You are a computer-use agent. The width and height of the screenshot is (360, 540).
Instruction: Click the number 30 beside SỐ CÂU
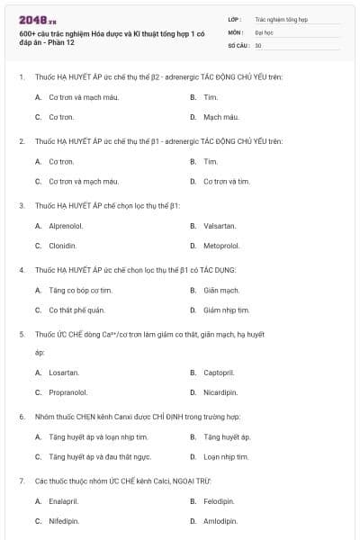click(x=258, y=44)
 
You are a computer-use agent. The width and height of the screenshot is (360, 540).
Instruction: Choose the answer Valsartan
click(x=218, y=226)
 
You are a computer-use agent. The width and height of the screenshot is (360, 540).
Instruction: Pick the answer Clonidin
click(x=62, y=245)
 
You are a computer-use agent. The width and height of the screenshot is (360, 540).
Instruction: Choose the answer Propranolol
click(x=67, y=391)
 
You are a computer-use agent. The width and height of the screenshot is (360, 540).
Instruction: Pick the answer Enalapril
click(x=63, y=500)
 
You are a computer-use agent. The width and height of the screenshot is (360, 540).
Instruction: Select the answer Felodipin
click(x=219, y=500)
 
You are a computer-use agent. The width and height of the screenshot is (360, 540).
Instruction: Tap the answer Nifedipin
click(x=64, y=520)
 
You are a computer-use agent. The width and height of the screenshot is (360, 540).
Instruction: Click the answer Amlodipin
click(x=220, y=520)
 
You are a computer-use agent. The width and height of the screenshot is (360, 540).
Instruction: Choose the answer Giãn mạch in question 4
click(x=221, y=290)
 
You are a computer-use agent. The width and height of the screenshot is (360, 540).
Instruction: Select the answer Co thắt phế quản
click(x=76, y=310)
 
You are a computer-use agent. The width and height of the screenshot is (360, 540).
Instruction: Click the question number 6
click(x=21, y=417)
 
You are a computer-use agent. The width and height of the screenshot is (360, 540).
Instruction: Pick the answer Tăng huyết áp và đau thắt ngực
click(x=94, y=456)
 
